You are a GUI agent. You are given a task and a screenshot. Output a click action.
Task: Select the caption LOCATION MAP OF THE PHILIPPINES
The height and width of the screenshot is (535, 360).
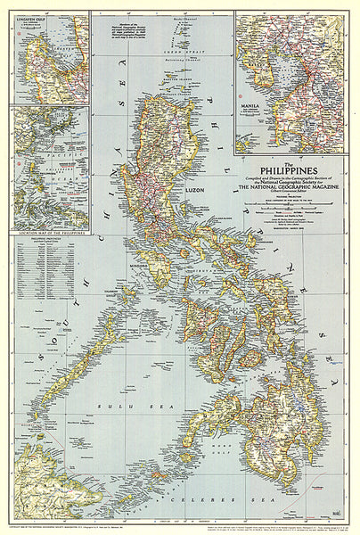[x=35, y=233]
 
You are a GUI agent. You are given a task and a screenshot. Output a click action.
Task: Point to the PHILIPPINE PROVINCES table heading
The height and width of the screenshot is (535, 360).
[x=33, y=241]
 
